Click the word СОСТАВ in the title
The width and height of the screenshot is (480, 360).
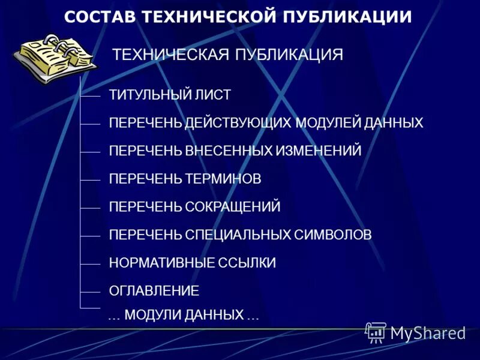[x=100, y=17]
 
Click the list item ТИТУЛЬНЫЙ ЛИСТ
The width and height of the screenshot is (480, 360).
[x=170, y=95]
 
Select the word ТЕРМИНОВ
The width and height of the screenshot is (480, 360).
[x=224, y=179]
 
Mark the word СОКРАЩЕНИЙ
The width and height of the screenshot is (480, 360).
[x=232, y=207]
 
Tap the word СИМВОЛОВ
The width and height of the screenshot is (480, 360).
[x=333, y=235]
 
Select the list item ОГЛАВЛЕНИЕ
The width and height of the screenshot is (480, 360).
[x=154, y=291]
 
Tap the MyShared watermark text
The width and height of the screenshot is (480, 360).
[x=427, y=332]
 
